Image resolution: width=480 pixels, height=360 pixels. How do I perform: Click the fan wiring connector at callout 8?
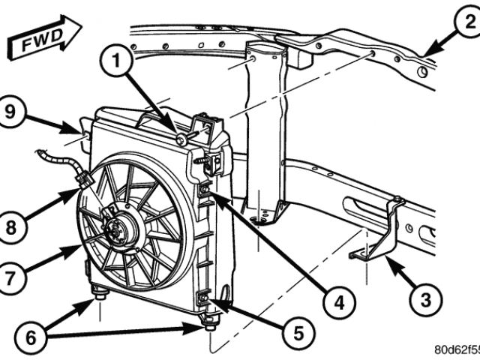[84, 182]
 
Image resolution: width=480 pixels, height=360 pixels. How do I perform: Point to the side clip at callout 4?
[205, 193]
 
